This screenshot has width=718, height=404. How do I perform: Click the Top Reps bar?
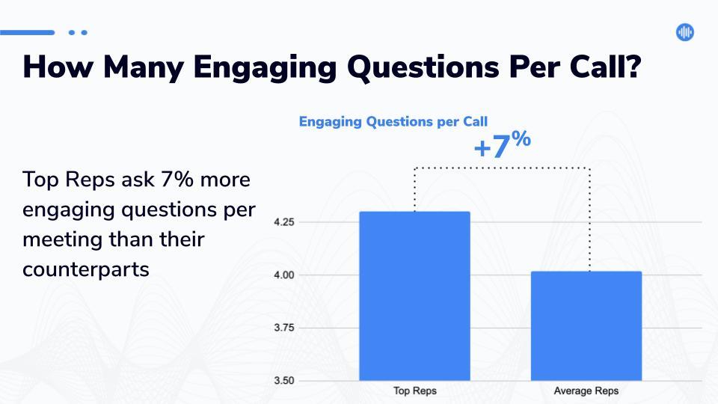tap(414, 296)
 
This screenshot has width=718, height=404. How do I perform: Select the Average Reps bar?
tap(586, 325)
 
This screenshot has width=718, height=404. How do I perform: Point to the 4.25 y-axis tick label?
tap(284, 222)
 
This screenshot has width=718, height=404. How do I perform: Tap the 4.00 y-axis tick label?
tap(284, 275)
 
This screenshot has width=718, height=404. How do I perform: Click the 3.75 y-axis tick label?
tap(284, 328)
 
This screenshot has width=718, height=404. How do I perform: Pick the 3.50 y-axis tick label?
tap(284, 381)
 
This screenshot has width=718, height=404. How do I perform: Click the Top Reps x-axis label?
tap(415, 391)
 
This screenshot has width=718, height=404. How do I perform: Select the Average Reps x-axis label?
tap(586, 391)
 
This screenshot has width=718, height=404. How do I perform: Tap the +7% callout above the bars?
tap(503, 144)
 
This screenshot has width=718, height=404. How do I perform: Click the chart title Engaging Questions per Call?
tap(393, 121)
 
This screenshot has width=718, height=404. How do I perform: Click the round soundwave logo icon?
tap(685, 32)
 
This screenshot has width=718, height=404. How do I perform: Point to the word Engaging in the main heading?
tap(265, 67)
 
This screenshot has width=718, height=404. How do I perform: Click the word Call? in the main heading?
tap(605, 67)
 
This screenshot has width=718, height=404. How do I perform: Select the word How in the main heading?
tap(58, 67)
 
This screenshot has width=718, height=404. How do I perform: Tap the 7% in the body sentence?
tap(177, 179)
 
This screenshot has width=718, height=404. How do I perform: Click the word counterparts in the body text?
tap(85, 269)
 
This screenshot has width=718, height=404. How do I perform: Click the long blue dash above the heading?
tap(27, 32)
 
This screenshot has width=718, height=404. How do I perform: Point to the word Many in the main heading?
tap(144, 68)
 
